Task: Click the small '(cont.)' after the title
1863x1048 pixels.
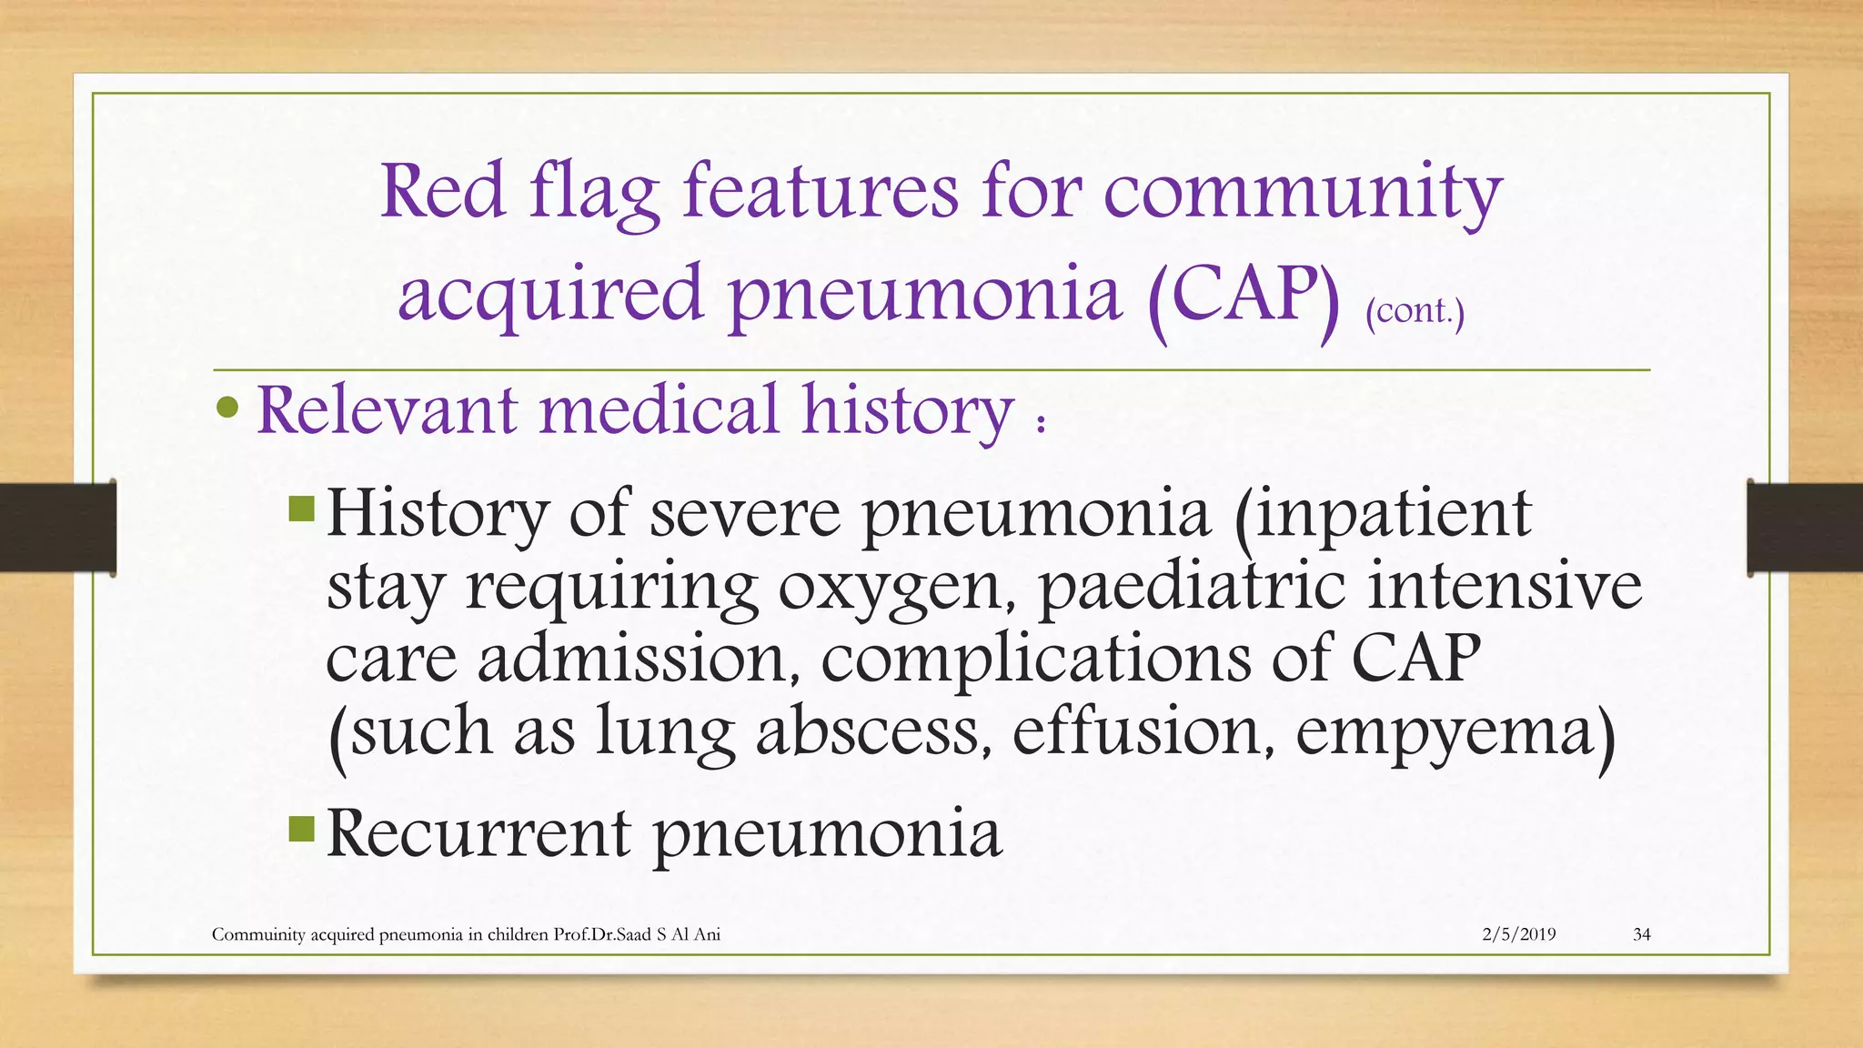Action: click(x=1415, y=312)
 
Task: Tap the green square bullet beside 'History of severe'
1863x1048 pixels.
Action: click(x=301, y=508)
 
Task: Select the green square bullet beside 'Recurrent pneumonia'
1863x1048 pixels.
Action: click(x=301, y=829)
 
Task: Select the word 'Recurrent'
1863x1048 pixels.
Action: click(x=478, y=832)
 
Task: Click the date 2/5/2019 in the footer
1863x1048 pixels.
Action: click(x=1518, y=934)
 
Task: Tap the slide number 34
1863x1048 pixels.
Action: click(x=1642, y=934)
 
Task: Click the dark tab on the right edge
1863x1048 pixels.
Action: click(x=1805, y=528)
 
